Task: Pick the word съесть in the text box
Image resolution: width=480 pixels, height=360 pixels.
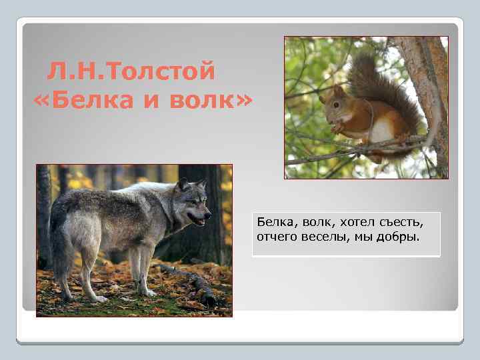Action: (399, 220)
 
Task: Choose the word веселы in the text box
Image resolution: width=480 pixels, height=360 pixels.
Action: (327, 235)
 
